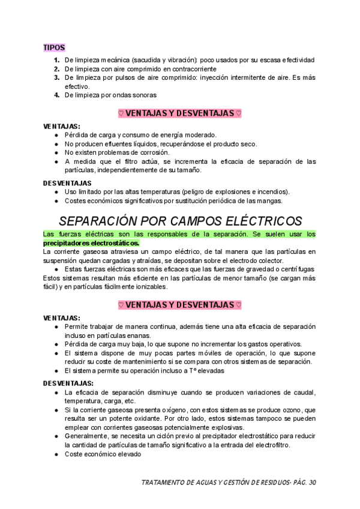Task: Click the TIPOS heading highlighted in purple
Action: (54, 47)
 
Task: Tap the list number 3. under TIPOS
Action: (56, 77)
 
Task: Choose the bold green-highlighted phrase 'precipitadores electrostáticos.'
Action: (91, 243)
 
